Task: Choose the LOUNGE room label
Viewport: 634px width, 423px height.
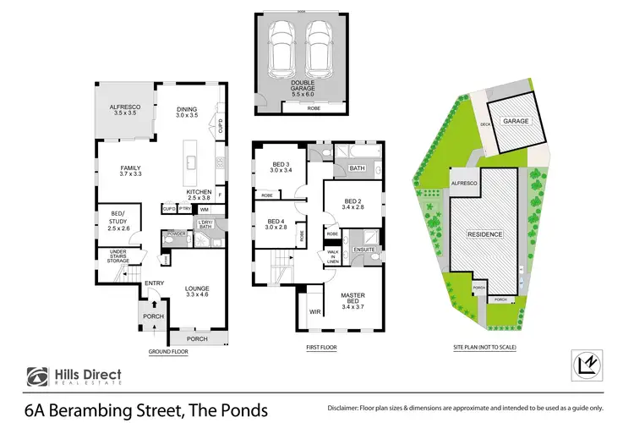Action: point(197,293)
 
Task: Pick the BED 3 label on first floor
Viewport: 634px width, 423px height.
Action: point(281,168)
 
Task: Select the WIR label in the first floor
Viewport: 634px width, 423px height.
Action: point(314,311)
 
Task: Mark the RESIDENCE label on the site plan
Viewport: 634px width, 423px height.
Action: point(486,234)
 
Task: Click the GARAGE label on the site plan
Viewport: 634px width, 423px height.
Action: point(516,121)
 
